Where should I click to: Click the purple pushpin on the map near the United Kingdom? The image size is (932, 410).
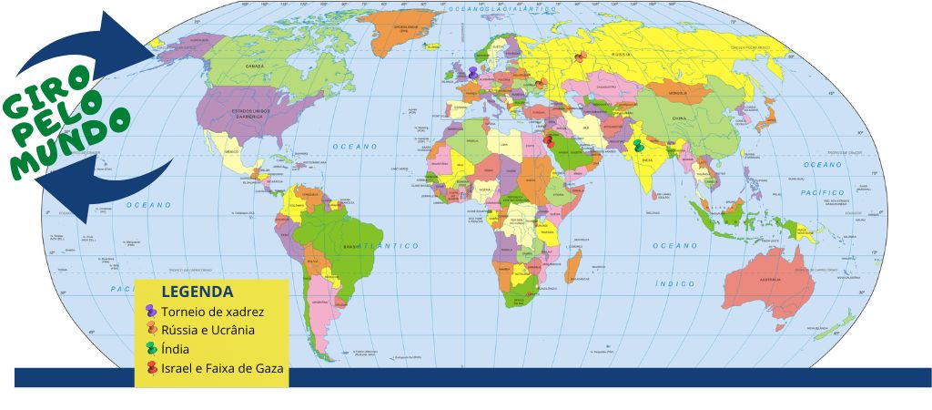tap(472, 72)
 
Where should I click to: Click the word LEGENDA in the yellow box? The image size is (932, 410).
tap(197, 292)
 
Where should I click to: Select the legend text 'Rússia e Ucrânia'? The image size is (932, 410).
tap(208, 330)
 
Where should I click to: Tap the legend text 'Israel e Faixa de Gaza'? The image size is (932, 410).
tap(223, 368)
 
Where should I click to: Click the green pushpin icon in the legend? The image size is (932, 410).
tap(150, 349)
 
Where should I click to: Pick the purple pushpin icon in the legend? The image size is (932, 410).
tap(150, 312)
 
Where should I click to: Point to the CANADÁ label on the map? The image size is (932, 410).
tap(255, 67)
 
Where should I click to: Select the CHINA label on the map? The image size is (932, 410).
tap(680, 118)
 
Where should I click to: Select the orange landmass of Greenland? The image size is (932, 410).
tap(401, 32)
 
